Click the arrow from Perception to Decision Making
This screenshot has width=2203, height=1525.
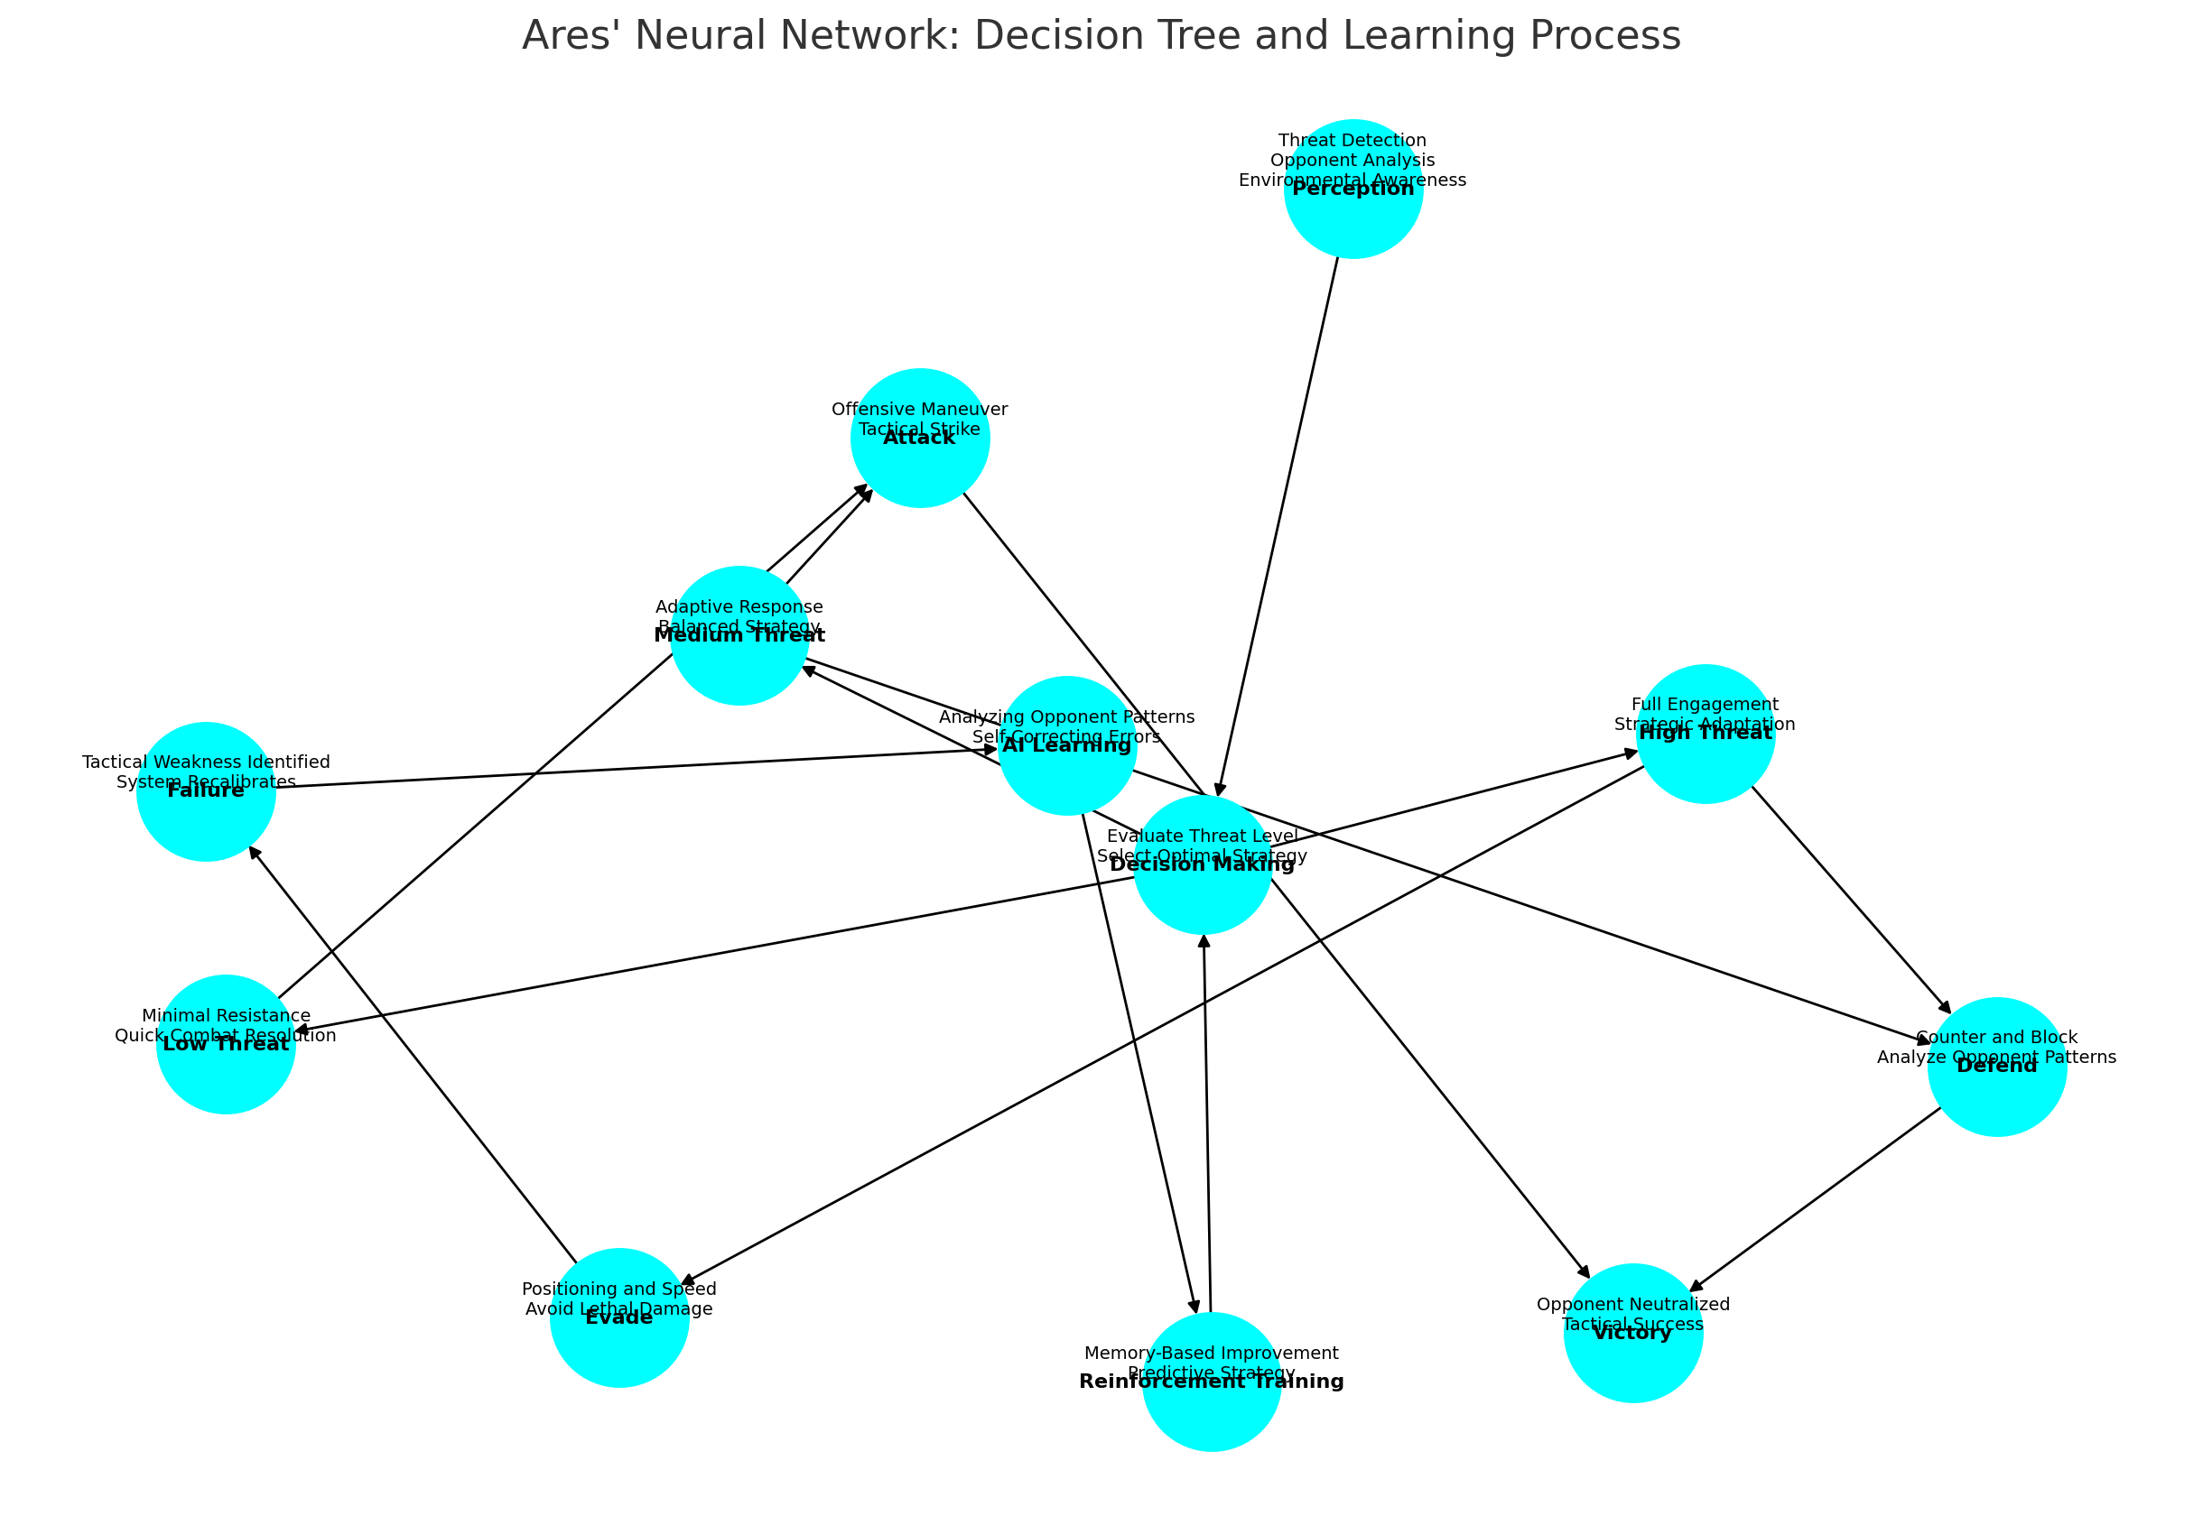tap(1278, 525)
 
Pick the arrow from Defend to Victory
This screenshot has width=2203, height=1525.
tap(1816, 1199)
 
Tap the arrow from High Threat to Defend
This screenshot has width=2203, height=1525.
tap(1849, 898)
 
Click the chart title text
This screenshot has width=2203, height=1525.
tap(1101, 36)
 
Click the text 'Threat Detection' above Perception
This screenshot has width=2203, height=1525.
tap(1352, 141)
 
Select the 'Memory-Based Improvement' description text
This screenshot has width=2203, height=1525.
tap(1211, 1353)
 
